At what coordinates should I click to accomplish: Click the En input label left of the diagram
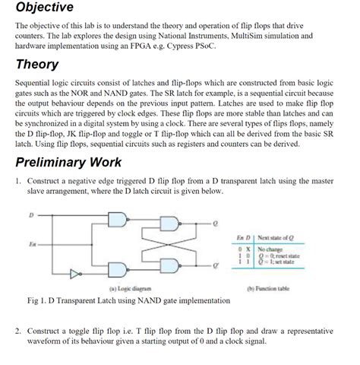[32, 243]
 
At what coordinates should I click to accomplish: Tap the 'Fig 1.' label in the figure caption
[36, 300]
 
